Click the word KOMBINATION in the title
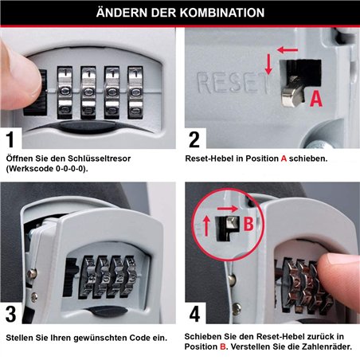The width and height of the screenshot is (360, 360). (216, 14)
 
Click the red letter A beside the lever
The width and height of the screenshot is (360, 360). (315, 99)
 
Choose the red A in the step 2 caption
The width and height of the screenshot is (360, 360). (284, 158)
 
